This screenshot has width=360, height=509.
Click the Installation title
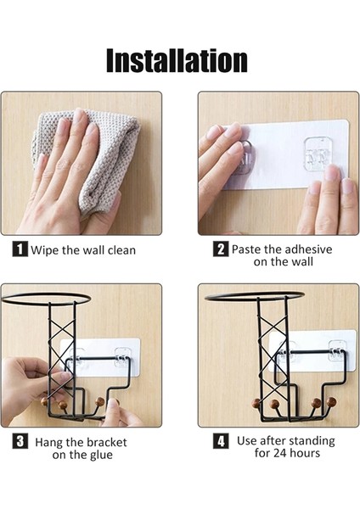click(x=177, y=61)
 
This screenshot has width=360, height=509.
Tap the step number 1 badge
click(x=20, y=249)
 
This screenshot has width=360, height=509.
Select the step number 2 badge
click(x=221, y=249)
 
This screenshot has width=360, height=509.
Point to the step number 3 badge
click(x=20, y=441)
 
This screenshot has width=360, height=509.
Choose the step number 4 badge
click(x=221, y=441)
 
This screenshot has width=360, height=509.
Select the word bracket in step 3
click(x=107, y=442)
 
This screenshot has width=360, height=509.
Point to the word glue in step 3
click(x=101, y=455)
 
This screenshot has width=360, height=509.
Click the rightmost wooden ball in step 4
click(x=331, y=402)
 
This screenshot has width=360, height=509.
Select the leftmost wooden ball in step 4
click(x=256, y=404)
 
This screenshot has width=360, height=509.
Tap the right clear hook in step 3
click(x=123, y=357)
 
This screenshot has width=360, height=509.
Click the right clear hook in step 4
click(x=336, y=351)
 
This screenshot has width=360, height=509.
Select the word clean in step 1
click(x=121, y=250)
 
